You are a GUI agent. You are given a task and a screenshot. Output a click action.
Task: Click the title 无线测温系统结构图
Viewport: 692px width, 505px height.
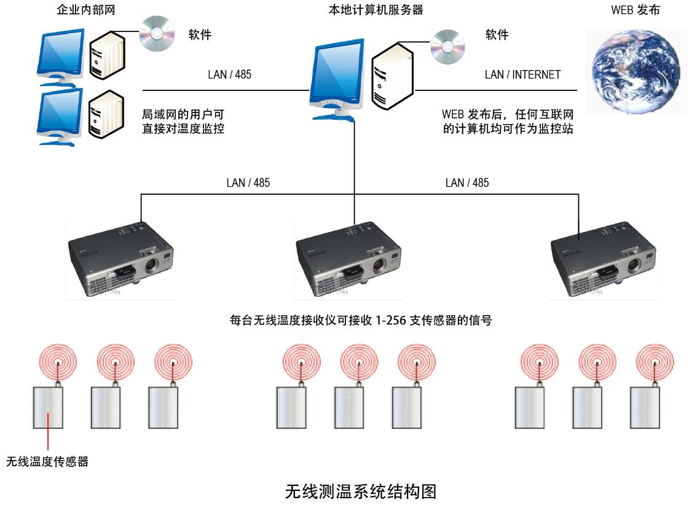pos(361,491)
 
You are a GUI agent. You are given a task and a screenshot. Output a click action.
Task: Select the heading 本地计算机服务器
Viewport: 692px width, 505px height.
pos(376,10)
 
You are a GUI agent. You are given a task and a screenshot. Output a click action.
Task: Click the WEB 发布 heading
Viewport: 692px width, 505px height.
pos(635,10)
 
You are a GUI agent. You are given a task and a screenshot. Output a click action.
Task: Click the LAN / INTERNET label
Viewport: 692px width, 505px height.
pos(522,74)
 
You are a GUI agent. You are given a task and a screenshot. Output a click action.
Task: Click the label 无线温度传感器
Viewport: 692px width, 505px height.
pos(47,461)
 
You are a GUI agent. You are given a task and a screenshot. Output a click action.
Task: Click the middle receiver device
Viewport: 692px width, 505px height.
pos(348,259)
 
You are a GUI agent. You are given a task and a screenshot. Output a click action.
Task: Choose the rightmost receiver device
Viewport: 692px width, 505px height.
pos(603,259)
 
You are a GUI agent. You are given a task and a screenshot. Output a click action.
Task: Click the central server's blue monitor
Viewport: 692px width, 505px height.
pos(336,77)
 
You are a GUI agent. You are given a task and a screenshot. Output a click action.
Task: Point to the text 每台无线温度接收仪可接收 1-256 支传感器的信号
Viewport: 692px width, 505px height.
pos(361,320)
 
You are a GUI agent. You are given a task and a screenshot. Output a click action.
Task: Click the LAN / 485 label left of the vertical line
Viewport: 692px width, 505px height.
pos(248,182)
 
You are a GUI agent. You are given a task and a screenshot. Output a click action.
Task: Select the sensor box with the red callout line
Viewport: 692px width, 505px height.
pos(48,407)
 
